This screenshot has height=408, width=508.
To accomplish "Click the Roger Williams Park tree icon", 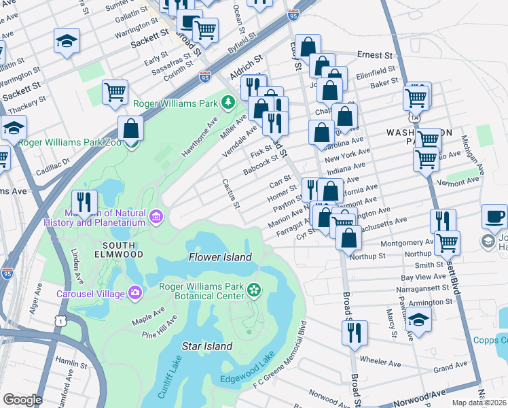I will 229,103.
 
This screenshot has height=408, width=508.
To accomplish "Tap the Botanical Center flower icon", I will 254,290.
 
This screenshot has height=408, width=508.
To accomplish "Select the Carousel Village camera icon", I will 135,293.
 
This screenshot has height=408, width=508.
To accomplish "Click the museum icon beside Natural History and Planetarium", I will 156,217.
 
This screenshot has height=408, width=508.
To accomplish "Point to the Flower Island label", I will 219,257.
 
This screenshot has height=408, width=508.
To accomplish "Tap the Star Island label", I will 207,346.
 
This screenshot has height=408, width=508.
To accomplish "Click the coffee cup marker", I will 494,218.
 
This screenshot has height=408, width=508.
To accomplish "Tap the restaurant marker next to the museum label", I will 84,203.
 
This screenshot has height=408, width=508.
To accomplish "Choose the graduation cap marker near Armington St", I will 419,320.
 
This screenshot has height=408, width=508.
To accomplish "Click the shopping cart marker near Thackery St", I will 115,92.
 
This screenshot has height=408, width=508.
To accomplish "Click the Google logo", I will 22,400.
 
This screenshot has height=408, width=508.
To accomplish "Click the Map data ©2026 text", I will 479,403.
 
